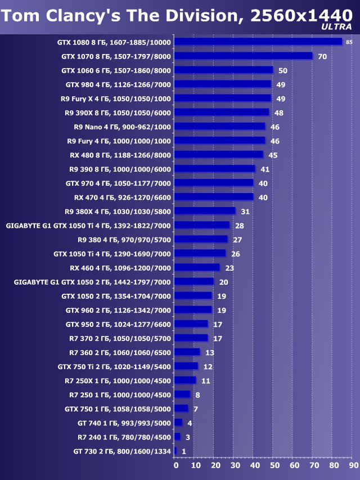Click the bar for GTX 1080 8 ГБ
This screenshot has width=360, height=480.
[x=258, y=42]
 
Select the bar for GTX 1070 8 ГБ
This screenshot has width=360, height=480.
[x=243, y=56]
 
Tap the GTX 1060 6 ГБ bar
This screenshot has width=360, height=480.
[x=223, y=70]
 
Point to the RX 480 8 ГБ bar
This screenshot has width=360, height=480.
[x=219, y=155]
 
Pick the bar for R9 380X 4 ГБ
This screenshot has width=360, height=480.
[x=205, y=211]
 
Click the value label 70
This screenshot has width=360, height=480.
[x=322, y=56]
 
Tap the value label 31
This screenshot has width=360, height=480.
[x=245, y=212]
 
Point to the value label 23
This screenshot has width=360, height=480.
[x=229, y=268]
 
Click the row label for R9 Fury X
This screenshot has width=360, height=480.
[x=115, y=98]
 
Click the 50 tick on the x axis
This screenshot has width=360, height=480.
[x=274, y=466]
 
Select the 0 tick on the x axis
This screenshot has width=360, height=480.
[x=175, y=466]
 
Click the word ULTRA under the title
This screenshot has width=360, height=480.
[x=336, y=26]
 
